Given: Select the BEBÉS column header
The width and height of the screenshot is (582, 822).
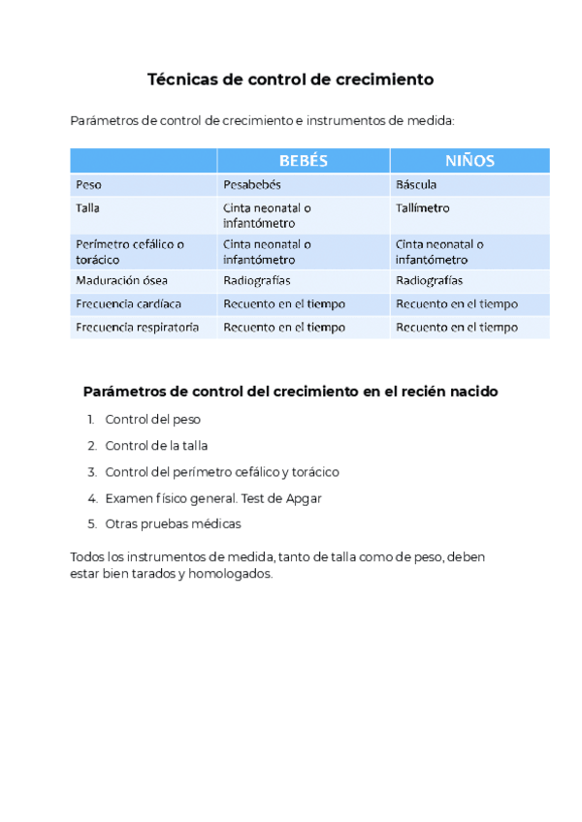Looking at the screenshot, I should click(x=304, y=161).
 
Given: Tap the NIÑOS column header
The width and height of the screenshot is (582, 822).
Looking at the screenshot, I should click(x=470, y=161).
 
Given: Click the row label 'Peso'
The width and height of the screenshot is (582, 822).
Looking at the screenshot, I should click(x=87, y=184).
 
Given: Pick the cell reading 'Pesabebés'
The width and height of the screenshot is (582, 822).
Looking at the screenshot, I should click(x=251, y=184).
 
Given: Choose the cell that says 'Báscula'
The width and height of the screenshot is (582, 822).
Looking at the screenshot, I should click(x=416, y=184).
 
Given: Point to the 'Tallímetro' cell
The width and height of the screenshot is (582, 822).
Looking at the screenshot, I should click(x=422, y=208).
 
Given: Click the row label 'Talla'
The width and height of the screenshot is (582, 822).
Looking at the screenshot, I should click(x=87, y=208).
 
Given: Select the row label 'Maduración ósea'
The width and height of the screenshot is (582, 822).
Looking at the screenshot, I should click(x=121, y=281).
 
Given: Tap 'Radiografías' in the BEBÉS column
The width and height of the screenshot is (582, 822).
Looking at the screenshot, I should click(x=256, y=281).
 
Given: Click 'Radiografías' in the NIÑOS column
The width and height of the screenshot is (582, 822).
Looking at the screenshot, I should click(x=429, y=281).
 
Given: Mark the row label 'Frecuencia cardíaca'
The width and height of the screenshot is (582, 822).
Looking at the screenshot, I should click(x=128, y=304).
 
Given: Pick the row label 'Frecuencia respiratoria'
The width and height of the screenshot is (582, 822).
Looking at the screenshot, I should click(x=137, y=328).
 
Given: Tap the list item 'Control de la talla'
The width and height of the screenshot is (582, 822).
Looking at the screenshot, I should click(x=156, y=446).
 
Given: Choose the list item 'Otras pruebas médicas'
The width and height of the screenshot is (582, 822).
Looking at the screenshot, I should click(x=173, y=524).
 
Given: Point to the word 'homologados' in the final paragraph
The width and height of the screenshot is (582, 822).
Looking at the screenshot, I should click(x=234, y=574).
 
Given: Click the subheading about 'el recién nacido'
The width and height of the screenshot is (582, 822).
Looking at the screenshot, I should click(x=291, y=392).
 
